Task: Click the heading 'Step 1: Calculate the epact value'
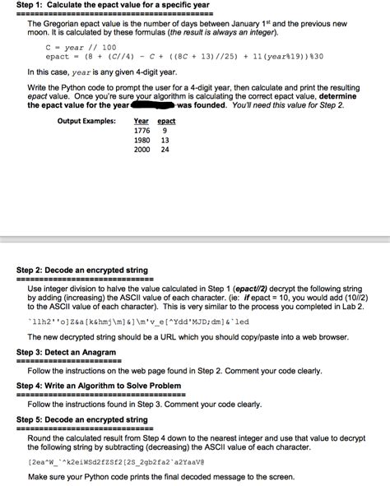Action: tap(114, 5)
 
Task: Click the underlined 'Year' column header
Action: tap(141, 121)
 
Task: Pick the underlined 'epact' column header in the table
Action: tap(166, 121)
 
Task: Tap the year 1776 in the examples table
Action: tap(142, 131)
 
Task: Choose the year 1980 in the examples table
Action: tap(142, 140)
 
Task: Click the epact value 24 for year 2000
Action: tap(165, 150)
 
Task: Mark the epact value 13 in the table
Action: tap(165, 140)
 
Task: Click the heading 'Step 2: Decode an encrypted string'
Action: tap(82, 270)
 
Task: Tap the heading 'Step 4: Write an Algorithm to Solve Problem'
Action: tap(98, 385)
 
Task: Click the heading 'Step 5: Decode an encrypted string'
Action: tap(82, 419)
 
